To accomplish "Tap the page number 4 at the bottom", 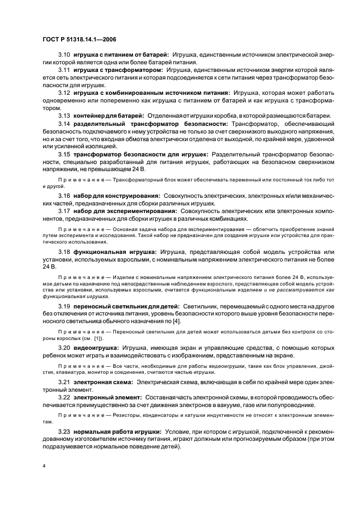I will (45, 466).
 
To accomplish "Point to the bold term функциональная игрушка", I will (115, 252).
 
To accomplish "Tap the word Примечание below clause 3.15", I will (78, 179).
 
